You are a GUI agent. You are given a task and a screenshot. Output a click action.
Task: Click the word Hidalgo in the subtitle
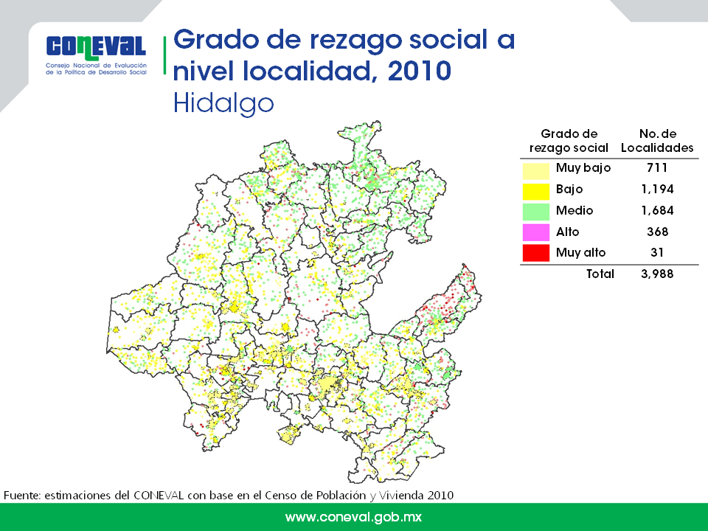[x=223, y=104]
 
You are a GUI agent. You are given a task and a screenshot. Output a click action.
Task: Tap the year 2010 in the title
[x=420, y=71]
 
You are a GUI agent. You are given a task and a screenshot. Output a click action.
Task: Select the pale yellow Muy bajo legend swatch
[x=536, y=170]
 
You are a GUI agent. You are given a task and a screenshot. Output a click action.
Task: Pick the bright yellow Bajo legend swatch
[x=536, y=191]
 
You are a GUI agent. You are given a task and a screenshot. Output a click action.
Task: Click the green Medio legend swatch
[x=536, y=212]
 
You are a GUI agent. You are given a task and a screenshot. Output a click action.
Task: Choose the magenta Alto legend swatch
[x=536, y=232]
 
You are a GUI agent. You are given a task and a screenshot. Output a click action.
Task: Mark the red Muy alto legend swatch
[x=536, y=253]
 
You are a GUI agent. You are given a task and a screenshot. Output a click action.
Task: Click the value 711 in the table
[x=657, y=167]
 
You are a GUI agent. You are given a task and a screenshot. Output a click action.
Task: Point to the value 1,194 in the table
[x=657, y=189]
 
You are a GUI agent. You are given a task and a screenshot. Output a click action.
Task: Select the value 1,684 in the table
[x=657, y=210]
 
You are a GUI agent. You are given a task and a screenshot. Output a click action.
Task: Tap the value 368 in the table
[x=657, y=232]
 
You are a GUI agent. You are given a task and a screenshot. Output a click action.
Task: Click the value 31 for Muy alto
[x=657, y=252]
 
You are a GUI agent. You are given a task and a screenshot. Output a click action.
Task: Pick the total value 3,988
[x=657, y=274]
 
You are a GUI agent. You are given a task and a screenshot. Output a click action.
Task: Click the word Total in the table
[x=600, y=274]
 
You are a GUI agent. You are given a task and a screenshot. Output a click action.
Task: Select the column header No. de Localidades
[x=657, y=140]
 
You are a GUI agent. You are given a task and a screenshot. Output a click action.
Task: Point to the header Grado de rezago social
[x=569, y=140]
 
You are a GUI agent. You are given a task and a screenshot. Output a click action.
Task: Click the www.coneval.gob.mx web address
[x=353, y=517]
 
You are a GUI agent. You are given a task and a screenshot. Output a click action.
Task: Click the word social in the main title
[x=448, y=39]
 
